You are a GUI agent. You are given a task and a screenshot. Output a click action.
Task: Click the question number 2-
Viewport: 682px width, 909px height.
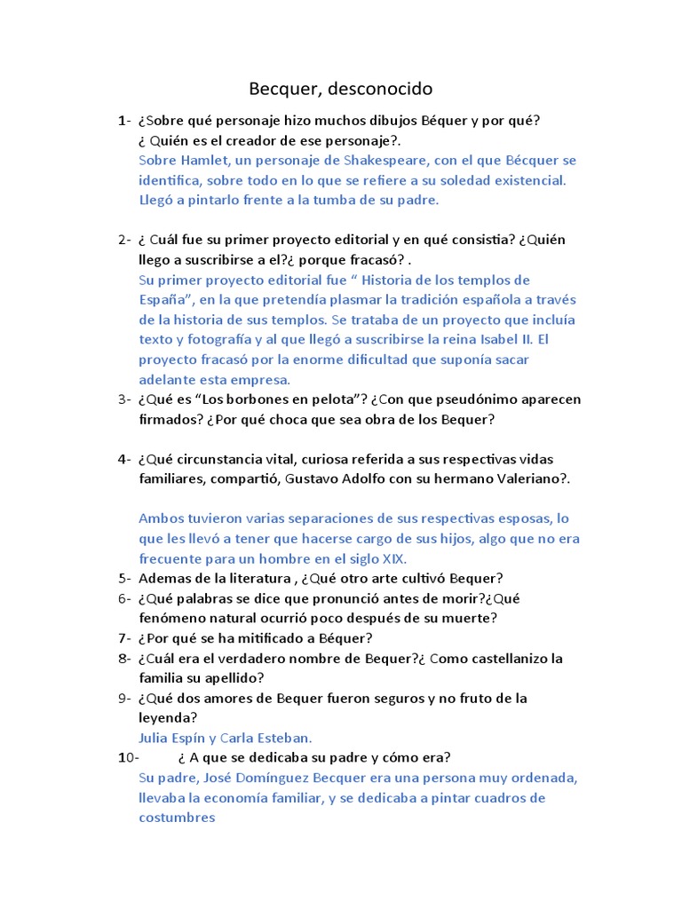click(x=124, y=240)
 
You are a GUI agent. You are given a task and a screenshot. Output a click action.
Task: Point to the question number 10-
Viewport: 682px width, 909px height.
click(x=129, y=757)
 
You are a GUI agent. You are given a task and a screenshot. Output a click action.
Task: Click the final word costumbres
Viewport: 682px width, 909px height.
click(x=177, y=818)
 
